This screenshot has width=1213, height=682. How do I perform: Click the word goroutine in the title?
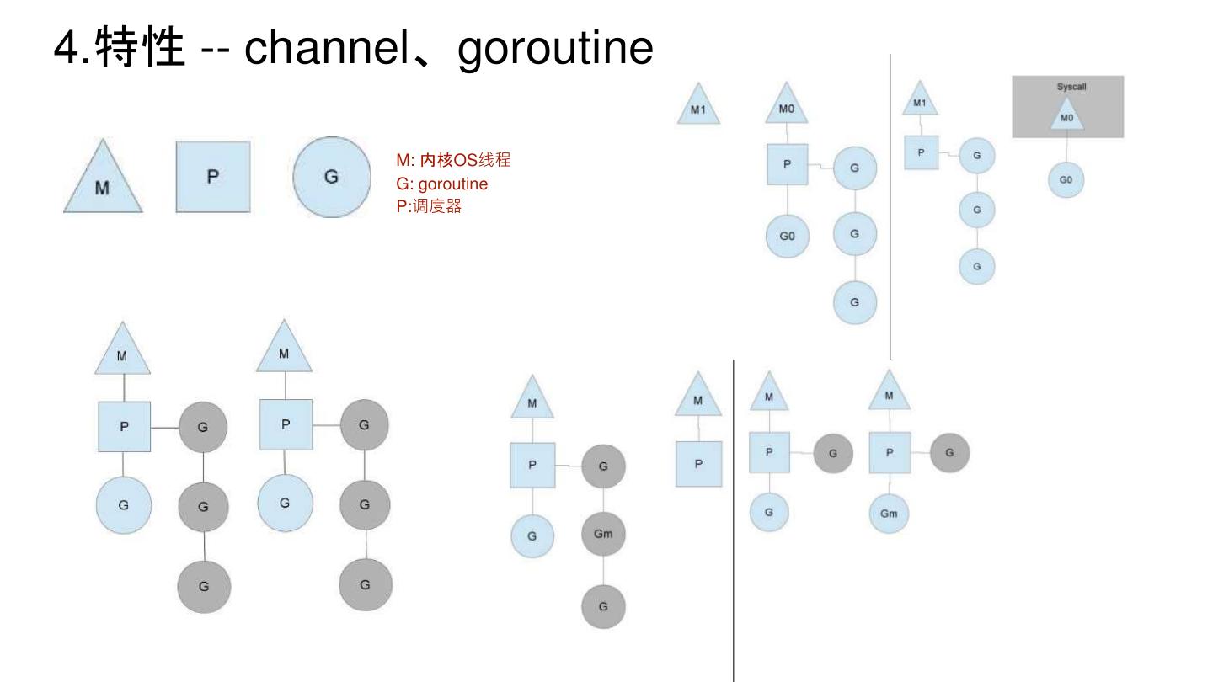pyautogui.click(x=555, y=50)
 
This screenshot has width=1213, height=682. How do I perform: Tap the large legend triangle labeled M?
pyautogui.click(x=101, y=182)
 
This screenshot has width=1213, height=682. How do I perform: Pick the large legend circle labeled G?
pyautogui.click(x=331, y=177)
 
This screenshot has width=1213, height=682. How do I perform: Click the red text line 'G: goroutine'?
pyautogui.click(x=441, y=184)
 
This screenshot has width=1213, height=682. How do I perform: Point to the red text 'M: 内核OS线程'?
pyautogui.click(x=453, y=161)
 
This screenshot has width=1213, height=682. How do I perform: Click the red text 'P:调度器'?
pyautogui.click(x=429, y=206)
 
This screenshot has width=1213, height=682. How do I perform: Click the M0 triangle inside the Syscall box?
pyautogui.click(x=1066, y=116)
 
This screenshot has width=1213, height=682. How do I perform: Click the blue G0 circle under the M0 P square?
pyautogui.click(x=787, y=237)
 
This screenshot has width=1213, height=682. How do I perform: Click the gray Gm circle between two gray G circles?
pyautogui.click(x=603, y=534)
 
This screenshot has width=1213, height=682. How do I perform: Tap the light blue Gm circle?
pyautogui.click(x=889, y=513)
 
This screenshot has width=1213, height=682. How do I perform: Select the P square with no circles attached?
pyautogui.click(x=698, y=463)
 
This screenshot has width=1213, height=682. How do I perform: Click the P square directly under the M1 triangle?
pyautogui.click(x=921, y=152)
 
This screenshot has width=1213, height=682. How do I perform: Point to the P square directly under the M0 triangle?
pyautogui.click(x=787, y=164)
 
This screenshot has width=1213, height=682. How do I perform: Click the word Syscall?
pyautogui.click(x=1067, y=86)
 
